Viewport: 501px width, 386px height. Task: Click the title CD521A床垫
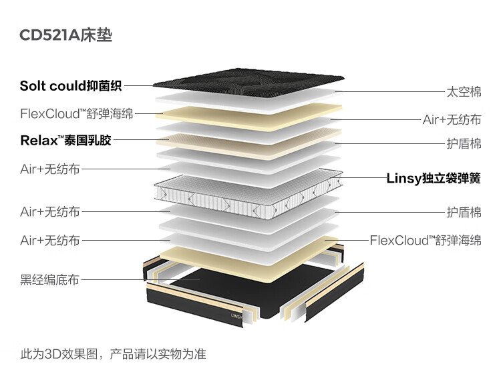[x=66, y=35]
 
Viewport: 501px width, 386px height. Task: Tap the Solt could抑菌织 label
[x=71, y=85]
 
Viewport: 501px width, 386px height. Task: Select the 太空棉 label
[x=464, y=92]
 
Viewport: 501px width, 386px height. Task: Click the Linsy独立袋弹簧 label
[x=434, y=178]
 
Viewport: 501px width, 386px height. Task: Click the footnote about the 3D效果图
[x=114, y=354]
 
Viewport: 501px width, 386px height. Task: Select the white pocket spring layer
[x=247, y=190]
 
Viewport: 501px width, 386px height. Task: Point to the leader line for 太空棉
[x=401, y=92]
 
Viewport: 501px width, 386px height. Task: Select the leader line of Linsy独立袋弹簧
[x=364, y=178]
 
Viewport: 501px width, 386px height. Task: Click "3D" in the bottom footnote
[x=52, y=354]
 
